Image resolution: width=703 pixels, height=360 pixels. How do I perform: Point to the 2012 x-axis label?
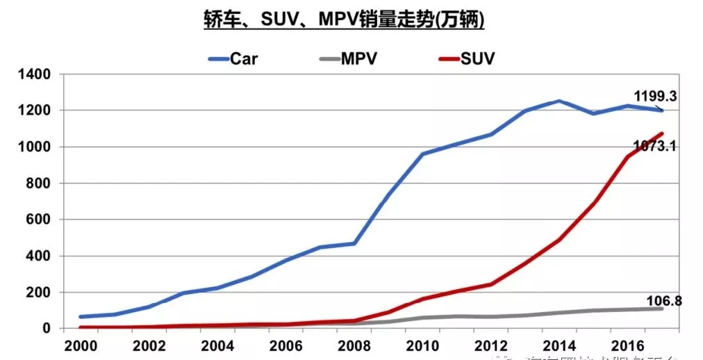pyautogui.click(x=491, y=345)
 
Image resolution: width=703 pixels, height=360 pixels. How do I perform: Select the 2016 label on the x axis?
pyautogui.click(x=628, y=345)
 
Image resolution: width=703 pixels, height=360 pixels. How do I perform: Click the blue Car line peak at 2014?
pyautogui.click(x=559, y=101)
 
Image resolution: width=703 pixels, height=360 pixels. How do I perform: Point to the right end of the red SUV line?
pyautogui.click(x=662, y=133)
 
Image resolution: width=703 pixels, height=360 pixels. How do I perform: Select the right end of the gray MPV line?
pyautogui.click(x=662, y=309)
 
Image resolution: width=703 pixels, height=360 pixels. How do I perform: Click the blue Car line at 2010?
pyautogui.click(x=422, y=154)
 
